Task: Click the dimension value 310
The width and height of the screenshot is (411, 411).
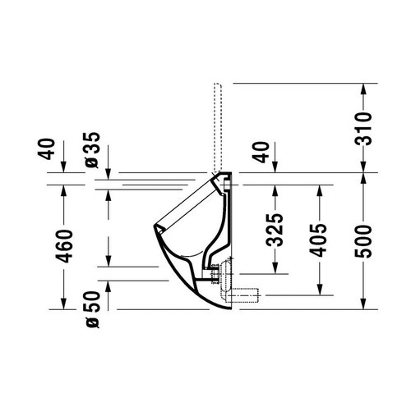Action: click(x=363, y=128)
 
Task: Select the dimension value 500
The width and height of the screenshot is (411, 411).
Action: click(x=363, y=241)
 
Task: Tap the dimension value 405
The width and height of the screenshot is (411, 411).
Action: click(x=318, y=240)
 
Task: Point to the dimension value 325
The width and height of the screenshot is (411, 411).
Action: click(x=275, y=230)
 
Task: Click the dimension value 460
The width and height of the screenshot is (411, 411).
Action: click(x=64, y=246)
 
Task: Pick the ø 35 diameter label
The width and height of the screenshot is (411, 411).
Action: click(x=92, y=150)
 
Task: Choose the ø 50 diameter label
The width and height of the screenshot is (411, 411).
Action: click(x=92, y=309)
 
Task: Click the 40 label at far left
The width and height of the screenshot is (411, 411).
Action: click(x=46, y=149)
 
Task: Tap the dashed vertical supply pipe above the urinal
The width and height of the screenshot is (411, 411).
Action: click(x=217, y=127)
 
